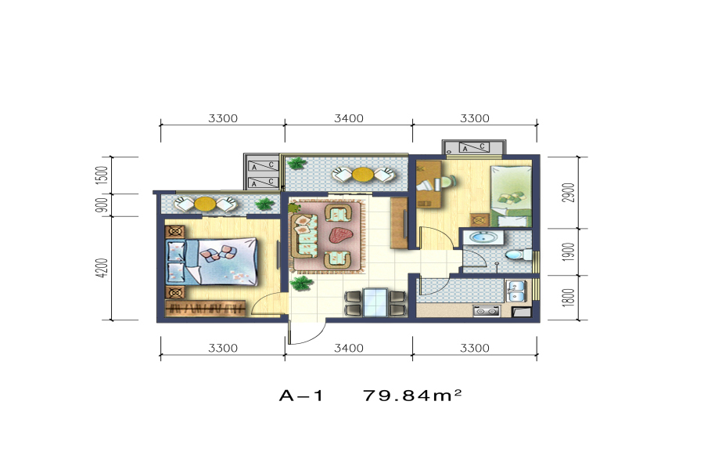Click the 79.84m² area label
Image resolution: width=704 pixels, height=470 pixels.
[411, 396]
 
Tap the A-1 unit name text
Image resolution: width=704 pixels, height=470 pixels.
[301, 396]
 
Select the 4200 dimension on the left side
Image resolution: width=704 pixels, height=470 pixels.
[102, 268]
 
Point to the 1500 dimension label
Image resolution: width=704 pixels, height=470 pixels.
[102, 175]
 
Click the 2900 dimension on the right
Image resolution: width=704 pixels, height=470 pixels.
[569, 193]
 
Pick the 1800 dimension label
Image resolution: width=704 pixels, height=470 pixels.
[569, 298]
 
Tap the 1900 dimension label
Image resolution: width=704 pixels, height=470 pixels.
[569, 252]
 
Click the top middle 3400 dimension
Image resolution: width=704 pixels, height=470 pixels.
[349, 118]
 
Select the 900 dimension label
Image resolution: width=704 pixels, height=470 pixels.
[102, 205]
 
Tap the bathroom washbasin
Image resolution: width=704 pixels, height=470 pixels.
[483, 237]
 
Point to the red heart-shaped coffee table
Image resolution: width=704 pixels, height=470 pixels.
[340, 235]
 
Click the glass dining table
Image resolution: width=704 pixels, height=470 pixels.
[375, 302]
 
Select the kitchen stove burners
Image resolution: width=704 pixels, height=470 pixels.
[487, 311]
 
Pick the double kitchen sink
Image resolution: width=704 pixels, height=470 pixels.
[515, 291]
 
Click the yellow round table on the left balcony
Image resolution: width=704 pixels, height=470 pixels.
[205, 204]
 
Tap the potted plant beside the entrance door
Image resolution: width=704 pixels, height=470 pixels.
[301, 284]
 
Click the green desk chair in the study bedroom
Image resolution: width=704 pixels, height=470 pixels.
[447, 183]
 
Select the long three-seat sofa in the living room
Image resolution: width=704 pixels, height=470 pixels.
[304, 236]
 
